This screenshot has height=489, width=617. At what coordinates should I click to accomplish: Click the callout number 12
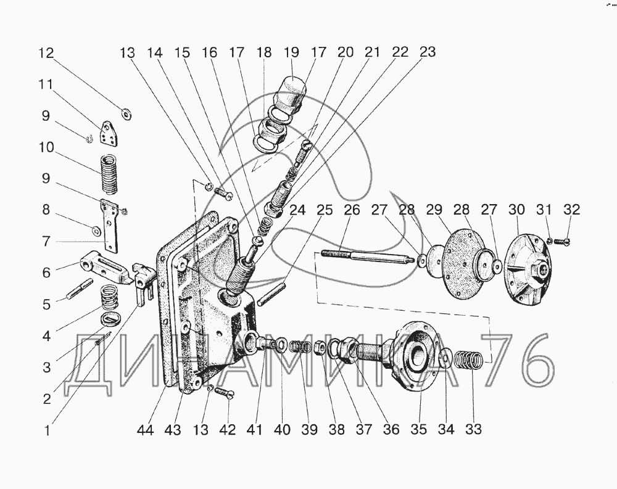pyautogui.click(x=46, y=52)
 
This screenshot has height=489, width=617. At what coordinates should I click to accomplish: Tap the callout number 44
pyautogui.click(x=145, y=430)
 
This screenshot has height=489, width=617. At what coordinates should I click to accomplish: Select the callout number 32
pyautogui.click(x=571, y=209)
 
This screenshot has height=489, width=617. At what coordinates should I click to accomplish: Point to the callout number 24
pyautogui.click(x=297, y=210)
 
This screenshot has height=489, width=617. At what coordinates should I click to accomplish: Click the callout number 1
pyautogui.click(x=48, y=430)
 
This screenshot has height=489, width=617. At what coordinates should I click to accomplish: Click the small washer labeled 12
pyautogui.click(x=126, y=115)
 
